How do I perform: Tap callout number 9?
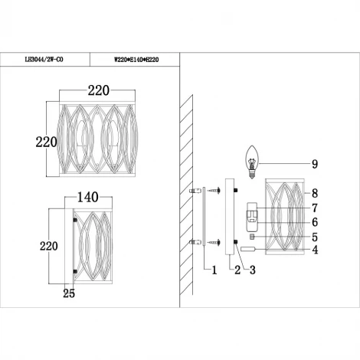314,163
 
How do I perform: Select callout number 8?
314,195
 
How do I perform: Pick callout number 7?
314,208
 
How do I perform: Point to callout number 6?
314,222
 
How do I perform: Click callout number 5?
314,237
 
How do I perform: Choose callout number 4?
314,250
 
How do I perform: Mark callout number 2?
237,270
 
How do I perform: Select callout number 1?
214,270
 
